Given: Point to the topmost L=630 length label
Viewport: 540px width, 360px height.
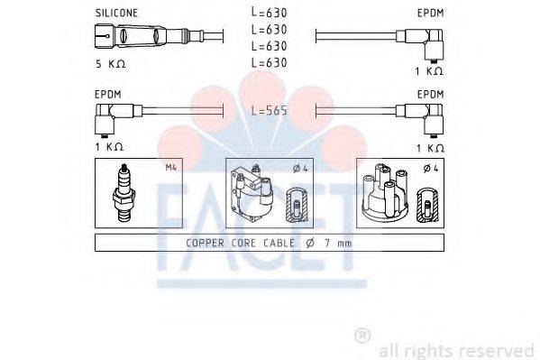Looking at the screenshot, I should pos(268,13).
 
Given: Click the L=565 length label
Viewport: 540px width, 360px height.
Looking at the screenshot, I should pos(268,110).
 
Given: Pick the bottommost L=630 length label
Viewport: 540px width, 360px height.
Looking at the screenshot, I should pos(268,61).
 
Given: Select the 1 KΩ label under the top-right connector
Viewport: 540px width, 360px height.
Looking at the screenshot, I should pos(430,70).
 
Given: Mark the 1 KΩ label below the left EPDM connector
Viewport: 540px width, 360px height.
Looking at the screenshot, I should pos(108,146).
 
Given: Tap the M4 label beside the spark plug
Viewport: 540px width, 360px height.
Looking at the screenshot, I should pos(172,168).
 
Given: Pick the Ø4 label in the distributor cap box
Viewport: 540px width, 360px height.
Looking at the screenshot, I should pos(433,168).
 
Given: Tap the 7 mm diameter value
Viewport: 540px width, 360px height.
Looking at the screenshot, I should pos(339,243).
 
